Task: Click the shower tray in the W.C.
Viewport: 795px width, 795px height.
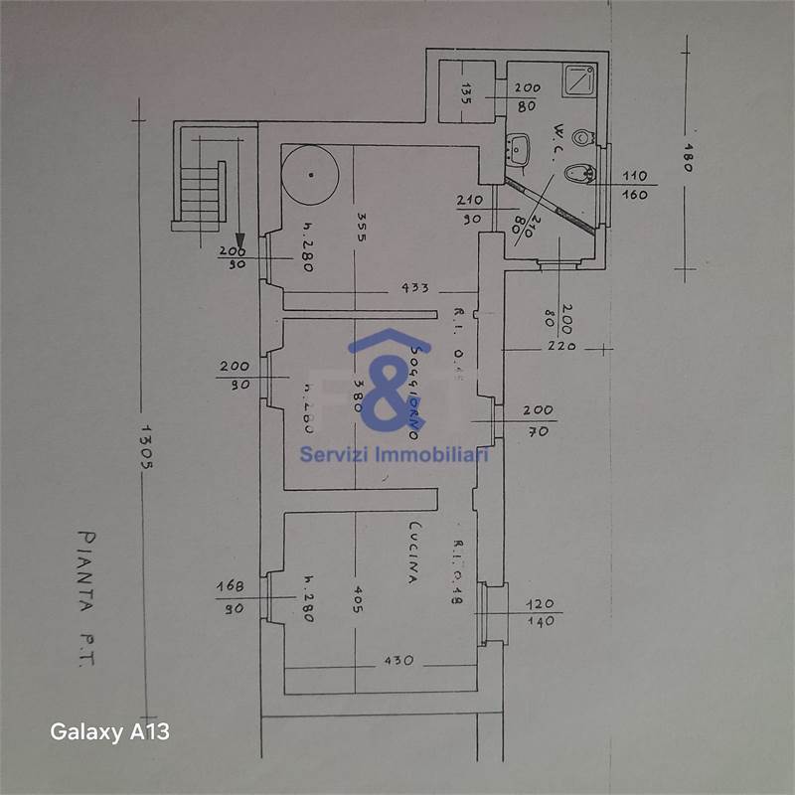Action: click(577, 80)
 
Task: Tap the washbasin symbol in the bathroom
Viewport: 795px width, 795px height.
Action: click(517, 151)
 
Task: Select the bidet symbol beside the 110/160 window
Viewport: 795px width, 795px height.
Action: click(576, 175)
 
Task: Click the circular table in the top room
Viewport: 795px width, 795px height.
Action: click(310, 175)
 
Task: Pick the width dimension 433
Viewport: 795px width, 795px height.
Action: click(414, 288)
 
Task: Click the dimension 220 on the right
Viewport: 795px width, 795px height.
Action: click(560, 348)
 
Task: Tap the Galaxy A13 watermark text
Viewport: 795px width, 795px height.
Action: click(110, 732)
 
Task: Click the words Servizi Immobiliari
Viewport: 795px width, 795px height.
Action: click(395, 454)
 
